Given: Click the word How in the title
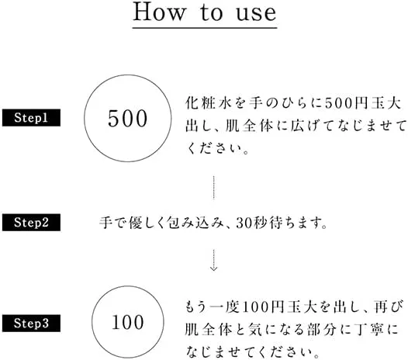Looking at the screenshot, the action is (160, 12).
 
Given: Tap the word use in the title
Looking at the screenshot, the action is (256, 13).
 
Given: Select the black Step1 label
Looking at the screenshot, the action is (31, 118).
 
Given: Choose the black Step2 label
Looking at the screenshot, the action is (31, 223).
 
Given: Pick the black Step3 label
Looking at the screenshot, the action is (31, 323).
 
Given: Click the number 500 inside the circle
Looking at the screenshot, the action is (127, 119).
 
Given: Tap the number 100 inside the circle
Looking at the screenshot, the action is (127, 322).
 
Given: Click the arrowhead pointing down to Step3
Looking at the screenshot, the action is (213, 268).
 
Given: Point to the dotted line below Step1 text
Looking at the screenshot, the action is (213, 188).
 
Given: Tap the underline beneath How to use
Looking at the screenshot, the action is (205, 27).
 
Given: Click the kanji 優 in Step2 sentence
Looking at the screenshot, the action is (136, 223).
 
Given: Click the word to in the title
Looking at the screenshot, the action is (212, 12).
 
